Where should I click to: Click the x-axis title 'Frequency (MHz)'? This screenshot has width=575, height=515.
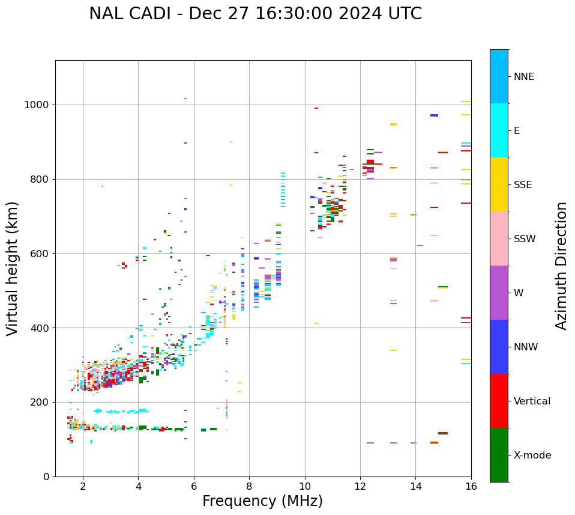point(262,501)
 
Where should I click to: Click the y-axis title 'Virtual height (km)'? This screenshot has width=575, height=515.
point(13,269)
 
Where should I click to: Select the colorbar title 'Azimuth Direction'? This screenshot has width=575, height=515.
point(561,266)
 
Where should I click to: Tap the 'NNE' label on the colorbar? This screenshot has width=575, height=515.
point(523,77)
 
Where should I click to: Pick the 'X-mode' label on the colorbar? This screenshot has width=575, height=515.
point(532,456)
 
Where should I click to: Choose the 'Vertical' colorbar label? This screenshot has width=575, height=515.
point(532,401)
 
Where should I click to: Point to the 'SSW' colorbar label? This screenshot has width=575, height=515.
point(525,239)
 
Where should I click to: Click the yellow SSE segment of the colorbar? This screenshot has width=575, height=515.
point(499,184)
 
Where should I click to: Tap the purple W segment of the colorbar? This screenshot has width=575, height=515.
point(499,293)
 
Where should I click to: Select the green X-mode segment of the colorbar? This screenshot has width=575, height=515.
point(499,455)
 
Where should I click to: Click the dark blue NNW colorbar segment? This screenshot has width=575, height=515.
point(499,347)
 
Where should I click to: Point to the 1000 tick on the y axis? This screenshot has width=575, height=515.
point(37,105)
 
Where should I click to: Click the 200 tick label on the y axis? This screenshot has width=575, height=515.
point(40,402)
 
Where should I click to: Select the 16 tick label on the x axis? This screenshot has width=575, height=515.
point(471,486)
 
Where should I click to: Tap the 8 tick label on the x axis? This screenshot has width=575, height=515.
point(249,486)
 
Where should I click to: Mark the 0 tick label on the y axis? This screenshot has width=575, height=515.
point(46,477)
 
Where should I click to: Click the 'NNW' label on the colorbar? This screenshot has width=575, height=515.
point(526,347)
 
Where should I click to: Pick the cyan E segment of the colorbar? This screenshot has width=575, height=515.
point(499,130)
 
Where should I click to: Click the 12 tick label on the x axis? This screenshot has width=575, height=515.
point(360,486)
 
